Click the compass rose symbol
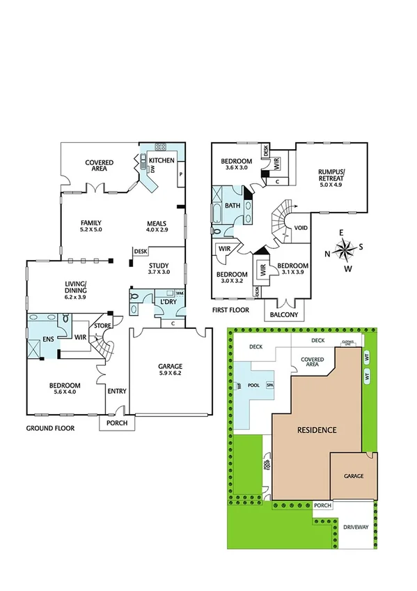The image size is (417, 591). [x=346, y=249]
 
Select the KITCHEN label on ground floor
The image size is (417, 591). [x=162, y=161]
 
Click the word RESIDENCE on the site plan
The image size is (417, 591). [x=317, y=430]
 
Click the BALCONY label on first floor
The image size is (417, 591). [x=285, y=315]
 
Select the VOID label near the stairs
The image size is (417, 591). [x=301, y=228]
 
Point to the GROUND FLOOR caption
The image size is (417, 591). [x=50, y=428]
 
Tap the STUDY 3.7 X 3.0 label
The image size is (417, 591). [x=159, y=268]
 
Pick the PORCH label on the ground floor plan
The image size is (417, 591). [x=113, y=422]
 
